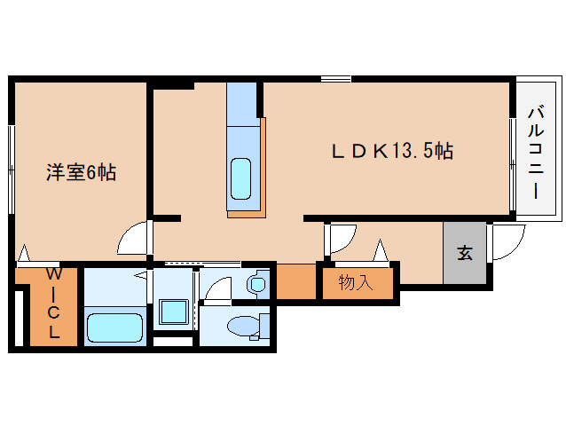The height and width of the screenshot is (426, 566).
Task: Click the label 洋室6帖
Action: pos(81,172)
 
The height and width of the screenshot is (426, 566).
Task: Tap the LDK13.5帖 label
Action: pos(392,151)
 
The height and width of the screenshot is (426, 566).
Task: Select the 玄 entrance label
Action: pos(465,252)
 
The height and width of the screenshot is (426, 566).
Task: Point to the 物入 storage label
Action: pos(354,283)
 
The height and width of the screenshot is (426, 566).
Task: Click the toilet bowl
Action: pos(243,327)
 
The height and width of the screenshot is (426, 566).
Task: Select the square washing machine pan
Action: pos(173,313)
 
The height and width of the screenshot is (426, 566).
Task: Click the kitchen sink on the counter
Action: pos(241,177)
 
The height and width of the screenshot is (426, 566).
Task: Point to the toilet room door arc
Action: pos(217,288)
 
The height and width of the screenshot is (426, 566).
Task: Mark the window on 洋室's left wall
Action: pos(12,169)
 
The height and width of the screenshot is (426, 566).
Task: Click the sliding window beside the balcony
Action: pos(512,151)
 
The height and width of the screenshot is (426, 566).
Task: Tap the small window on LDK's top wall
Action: pos(335,80)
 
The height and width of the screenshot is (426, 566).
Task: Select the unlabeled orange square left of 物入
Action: pos(297,282)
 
